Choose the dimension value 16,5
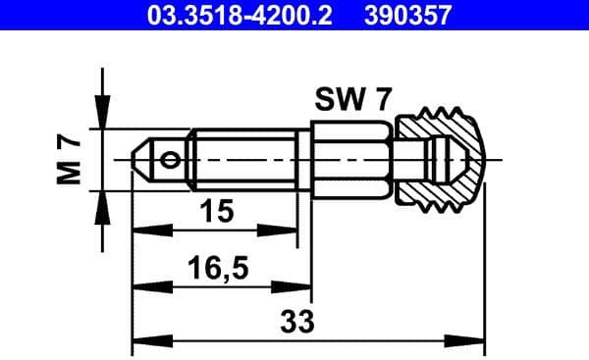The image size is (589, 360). click(x=217, y=265)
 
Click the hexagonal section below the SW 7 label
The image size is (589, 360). click(x=351, y=158)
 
